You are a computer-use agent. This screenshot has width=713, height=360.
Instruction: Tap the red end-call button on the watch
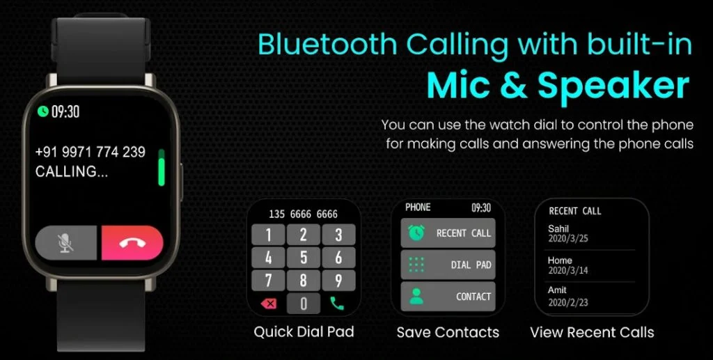pyautogui.click(x=132, y=243)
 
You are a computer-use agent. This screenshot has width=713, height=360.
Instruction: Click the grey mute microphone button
pyautogui.click(x=66, y=243)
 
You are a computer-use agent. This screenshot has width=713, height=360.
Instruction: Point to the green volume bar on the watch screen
pyautogui.click(x=161, y=167)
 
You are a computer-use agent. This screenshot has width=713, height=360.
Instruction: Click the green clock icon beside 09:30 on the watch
pyautogui.click(x=42, y=111)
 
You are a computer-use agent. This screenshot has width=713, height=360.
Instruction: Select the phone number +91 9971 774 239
pyautogui.click(x=90, y=152)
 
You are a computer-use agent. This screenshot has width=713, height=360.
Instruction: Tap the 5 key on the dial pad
pyautogui.click(x=304, y=258)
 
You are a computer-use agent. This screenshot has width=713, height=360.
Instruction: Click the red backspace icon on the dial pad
pyautogui.click(x=269, y=303)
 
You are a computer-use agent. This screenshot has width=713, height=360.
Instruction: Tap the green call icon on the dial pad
pyautogui.click(x=337, y=303)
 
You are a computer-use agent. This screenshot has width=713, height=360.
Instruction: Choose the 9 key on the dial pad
pyautogui.click(x=338, y=281)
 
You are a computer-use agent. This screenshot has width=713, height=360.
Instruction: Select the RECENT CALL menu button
pyautogui.click(x=448, y=233)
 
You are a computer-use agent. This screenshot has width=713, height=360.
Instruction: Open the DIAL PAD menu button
pyautogui.click(x=448, y=265)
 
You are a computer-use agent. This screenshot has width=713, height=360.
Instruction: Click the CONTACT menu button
pyautogui.click(x=448, y=297)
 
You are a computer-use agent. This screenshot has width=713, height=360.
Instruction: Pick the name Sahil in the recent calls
pyautogui.click(x=558, y=228)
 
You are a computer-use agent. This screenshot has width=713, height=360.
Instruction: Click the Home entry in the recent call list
pyautogui.click(x=560, y=260)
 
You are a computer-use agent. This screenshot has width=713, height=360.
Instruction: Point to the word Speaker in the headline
pyautogui.click(x=613, y=86)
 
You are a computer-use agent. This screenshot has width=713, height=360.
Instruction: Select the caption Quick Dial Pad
pyautogui.click(x=304, y=331)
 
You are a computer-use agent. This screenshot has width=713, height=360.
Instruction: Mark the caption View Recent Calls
pyautogui.click(x=592, y=332)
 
